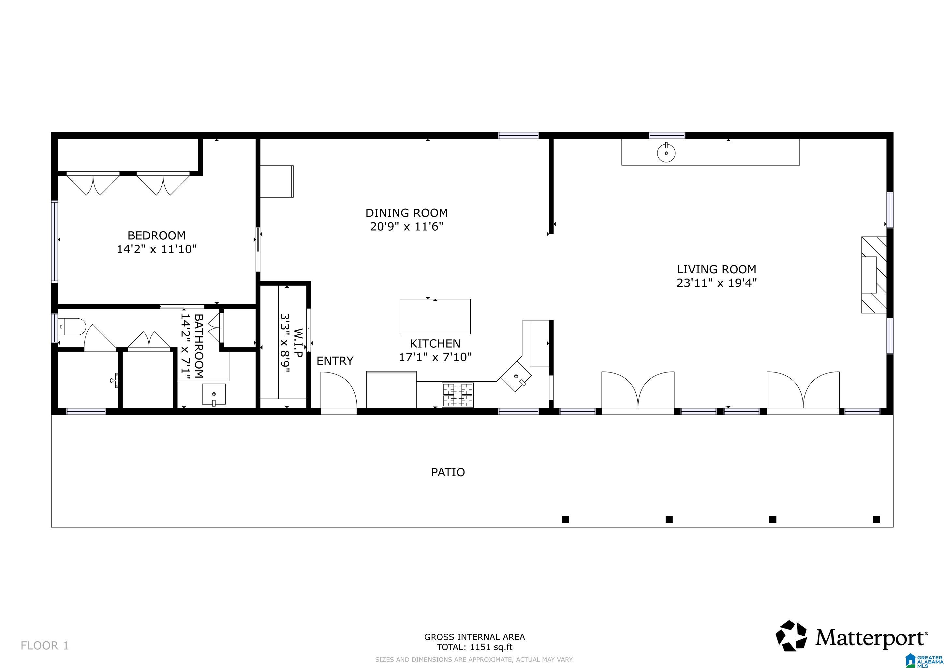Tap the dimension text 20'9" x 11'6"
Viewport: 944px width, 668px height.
406,227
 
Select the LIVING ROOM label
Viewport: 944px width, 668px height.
716,269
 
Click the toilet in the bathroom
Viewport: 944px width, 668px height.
72,327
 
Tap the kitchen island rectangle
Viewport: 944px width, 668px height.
435,316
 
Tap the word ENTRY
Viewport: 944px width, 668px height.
335,361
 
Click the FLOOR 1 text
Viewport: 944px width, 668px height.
44,646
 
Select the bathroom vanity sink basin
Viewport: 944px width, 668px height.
214,394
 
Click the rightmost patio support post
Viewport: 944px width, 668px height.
876,519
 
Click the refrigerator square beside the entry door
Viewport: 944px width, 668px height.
391,389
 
